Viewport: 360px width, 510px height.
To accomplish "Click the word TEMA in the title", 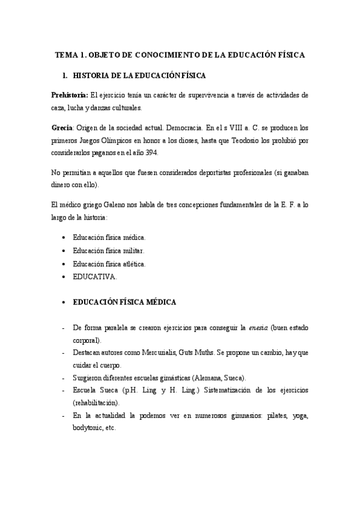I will [x=66, y=55].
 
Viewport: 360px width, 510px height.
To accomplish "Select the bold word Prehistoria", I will [x=69, y=95].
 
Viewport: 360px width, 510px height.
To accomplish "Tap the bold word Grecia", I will [x=62, y=128].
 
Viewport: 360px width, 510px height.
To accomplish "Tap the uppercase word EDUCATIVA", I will [x=94, y=277].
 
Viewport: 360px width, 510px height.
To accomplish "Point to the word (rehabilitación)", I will [x=96, y=403].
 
